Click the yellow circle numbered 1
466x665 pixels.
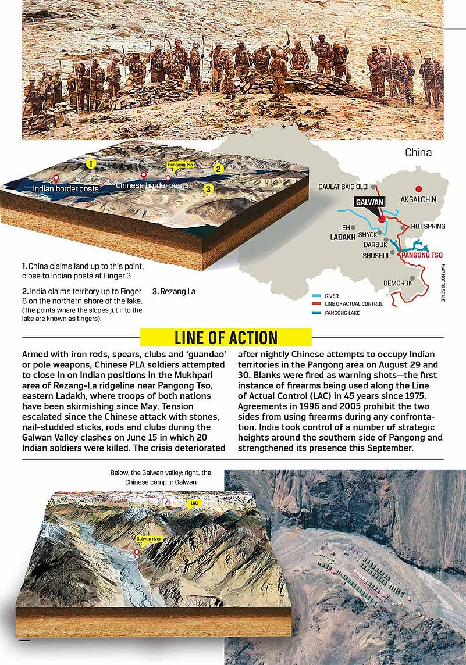(x=91, y=164)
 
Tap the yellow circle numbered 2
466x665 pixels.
(x=219, y=169)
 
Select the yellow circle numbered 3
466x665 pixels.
(x=208, y=188)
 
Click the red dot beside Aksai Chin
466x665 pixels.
(x=417, y=188)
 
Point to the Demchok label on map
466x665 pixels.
(x=398, y=283)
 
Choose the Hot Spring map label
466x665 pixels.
(x=428, y=226)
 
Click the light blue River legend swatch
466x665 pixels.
(x=316, y=296)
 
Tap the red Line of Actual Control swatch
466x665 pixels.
(x=316, y=304)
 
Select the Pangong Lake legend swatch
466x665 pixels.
(x=316, y=313)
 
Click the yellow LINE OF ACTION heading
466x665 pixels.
(x=226, y=337)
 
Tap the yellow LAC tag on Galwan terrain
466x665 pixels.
(x=194, y=502)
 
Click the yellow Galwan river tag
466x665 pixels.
(x=147, y=539)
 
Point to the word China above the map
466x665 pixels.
(x=418, y=153)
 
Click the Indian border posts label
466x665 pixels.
(x=66, y=188)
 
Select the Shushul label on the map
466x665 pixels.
(x=376, y=255)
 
